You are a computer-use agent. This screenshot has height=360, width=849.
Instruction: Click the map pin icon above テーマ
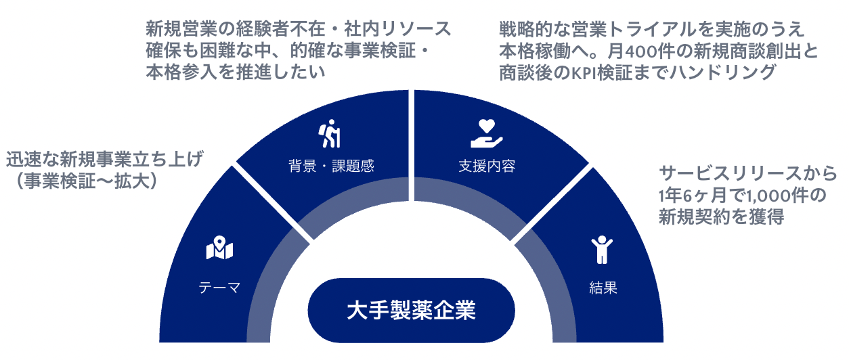[219, 249]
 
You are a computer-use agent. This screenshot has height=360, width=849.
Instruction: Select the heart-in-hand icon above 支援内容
[487, 133]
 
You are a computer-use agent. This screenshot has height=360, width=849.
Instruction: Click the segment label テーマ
[219, 288]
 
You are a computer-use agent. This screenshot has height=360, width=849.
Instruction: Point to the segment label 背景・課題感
[330, 166]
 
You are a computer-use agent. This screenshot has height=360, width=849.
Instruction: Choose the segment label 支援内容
[487, 166]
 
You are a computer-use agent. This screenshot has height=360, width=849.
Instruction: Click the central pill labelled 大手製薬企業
[411, 310]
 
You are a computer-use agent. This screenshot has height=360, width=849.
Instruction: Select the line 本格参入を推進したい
[234, 72]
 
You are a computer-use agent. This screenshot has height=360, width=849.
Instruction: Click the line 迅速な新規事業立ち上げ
[104, 160]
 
